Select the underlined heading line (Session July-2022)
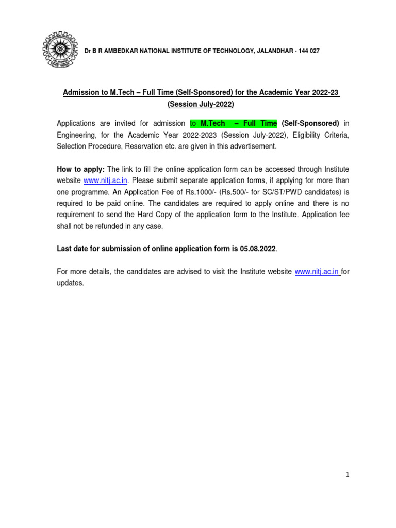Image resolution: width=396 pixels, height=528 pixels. pyautogui.click(x=201, y=105)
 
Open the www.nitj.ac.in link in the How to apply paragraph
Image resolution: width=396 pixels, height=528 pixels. pyautogui.click(x=106, y=180)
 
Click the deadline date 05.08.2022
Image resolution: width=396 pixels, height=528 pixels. pyautogui.click(x=258, y=249)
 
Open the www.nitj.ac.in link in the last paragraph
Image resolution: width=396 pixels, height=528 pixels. pyautogui.click(x=317, y=272)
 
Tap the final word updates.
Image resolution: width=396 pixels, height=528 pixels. pyautogui.click(x=69, y=283)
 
